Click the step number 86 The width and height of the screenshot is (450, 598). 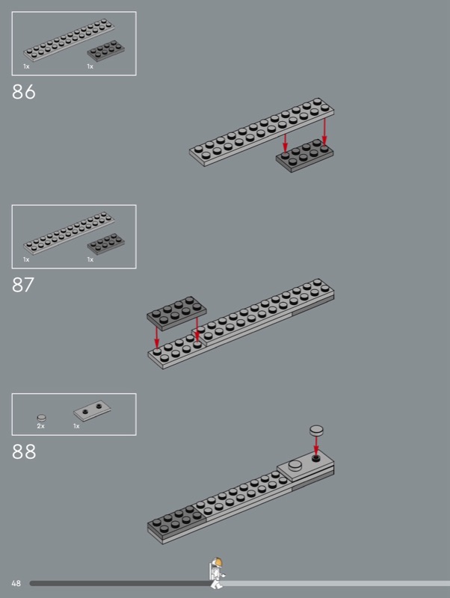coord(24,92)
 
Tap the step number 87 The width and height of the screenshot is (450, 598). coord(23,285)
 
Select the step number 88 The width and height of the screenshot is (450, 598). coord(24,451)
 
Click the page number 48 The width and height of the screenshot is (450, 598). coord(16,583)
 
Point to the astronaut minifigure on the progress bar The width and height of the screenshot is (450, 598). coord(217,573)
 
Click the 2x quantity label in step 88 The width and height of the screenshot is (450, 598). coord(41,426)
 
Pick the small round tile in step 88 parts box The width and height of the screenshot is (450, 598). coord(42,418)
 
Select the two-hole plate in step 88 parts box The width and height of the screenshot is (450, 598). coord(92,410)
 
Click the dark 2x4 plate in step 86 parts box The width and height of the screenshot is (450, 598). coord(106,51)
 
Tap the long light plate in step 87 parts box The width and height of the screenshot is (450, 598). coord(69,232)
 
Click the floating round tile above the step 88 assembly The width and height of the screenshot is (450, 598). coord(316,431)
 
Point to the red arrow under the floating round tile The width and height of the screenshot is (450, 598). coord(315,446)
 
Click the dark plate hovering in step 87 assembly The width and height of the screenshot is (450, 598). coord(176,312)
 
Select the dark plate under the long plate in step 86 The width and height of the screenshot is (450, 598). coord(304,155)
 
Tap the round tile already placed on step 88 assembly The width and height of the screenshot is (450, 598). coord(295,465)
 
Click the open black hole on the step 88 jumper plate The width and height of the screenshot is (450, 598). coord(315,457)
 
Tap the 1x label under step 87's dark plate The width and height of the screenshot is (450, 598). coord(90,259)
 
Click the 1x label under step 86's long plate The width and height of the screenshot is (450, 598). coord(26,67)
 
